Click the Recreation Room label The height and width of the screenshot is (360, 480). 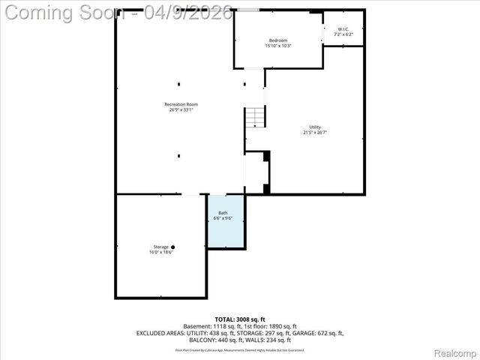click(181, 104)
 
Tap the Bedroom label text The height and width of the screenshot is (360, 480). click(278, 40)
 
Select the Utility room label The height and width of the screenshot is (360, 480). click(315, 127)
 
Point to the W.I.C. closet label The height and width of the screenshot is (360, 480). click(343, 30)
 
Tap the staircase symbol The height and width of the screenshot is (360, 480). click(255, 116)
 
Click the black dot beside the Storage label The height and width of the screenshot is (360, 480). click(172, 247)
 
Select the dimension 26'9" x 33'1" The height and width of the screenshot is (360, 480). click(181, 110)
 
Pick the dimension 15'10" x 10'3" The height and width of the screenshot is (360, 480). click(278, 46)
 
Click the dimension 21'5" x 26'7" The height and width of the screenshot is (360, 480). click(315, 133)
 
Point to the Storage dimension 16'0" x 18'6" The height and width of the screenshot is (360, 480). click(161, 253)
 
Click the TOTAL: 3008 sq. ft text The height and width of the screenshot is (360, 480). click(240, 319)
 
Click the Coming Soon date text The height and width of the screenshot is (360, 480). click(116, 13)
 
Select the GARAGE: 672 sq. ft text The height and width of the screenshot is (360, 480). click(317, 332)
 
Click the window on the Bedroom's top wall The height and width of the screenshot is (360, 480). click(250, 10)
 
